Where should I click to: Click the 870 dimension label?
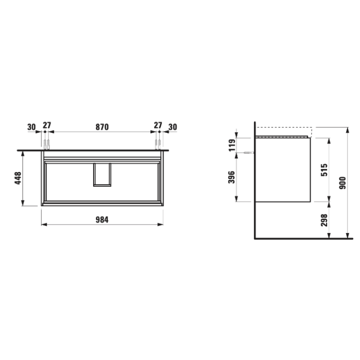pyautogui.click(x=102, y=127)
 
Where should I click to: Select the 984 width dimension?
pyautogui.click(x=102, y=220)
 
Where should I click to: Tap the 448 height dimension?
pyautogui.click(x=18, y=178)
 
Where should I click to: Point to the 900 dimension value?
pyautogui.click(x=343, y=183)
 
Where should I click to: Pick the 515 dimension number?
pyautogui.click(x=324, y=170)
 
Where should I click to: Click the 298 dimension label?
pyautogui.click(x=324, y=220)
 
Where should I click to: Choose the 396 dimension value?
pyautogui.click(x=232, y=177)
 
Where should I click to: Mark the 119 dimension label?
pyautogui.click(x=232, y=145)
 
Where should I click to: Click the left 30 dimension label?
pyautogui.click(x=31, y=127)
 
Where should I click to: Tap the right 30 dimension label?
pyautogui.click(x=173, y=127)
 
